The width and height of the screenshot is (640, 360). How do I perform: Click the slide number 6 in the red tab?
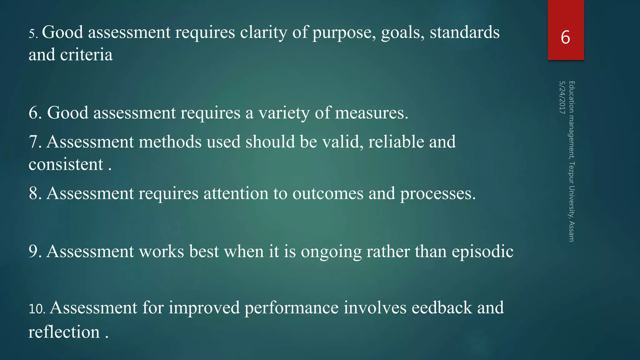coord(565,37)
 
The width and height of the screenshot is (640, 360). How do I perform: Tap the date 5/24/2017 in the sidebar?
coord(562,97)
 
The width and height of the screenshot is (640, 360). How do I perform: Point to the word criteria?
coord(86,55)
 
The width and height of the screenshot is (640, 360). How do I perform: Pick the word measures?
coord(372,113)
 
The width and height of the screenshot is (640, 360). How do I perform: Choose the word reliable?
coord(396,142)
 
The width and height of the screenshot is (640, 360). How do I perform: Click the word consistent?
coord(66,164)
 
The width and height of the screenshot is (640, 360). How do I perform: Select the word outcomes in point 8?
coord(328,193)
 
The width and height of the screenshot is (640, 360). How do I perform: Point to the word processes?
coord(438,193)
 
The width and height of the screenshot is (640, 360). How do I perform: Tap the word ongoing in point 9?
coord(331,252)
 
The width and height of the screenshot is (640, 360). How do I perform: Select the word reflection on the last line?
coord(64,332)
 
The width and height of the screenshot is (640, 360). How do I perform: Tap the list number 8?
coord(35,193)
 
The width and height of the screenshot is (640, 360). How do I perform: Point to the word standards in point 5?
coord(465,32)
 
